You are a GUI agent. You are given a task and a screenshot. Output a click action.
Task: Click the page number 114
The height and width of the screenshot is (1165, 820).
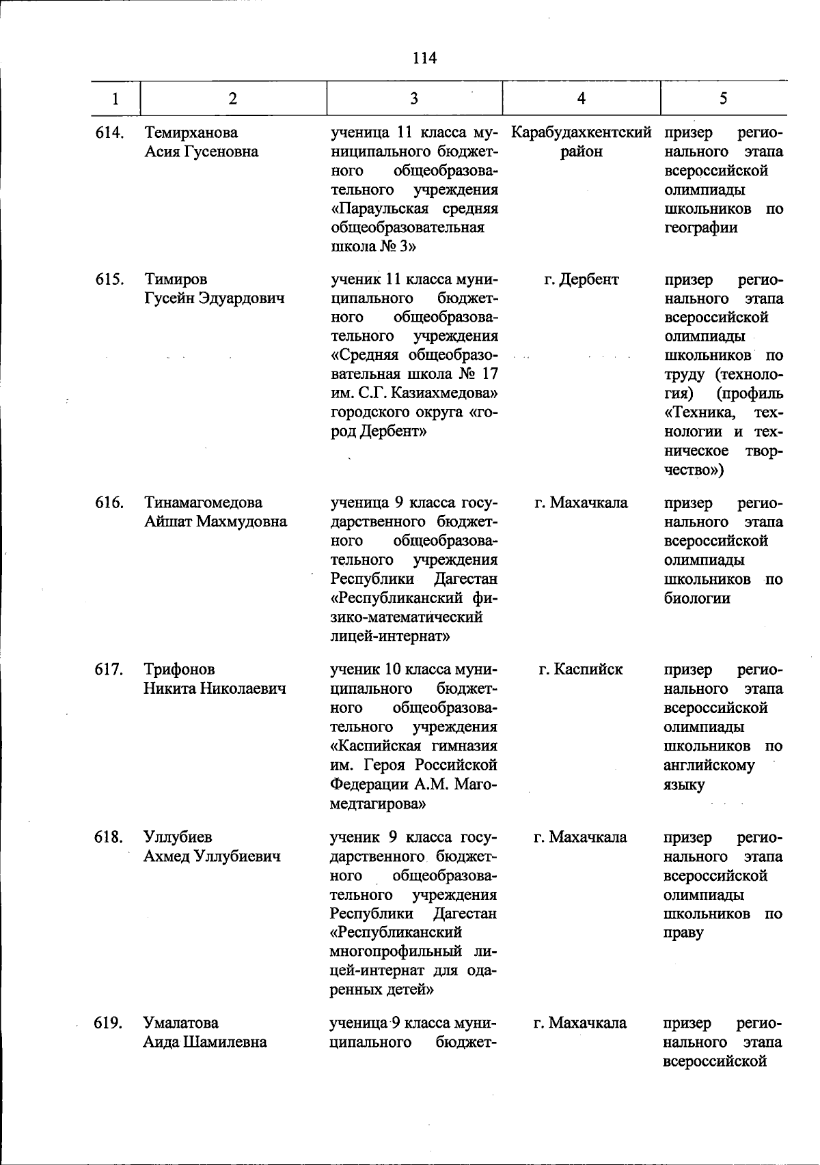click(x=424, y=58)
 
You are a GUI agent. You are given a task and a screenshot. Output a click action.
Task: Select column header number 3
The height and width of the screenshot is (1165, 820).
click(x=414, y=99)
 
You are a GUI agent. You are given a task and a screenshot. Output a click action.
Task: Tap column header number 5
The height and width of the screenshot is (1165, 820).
click(x=723, y=99)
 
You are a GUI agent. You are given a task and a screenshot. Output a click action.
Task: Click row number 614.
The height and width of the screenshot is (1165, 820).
click(x=109, y=132)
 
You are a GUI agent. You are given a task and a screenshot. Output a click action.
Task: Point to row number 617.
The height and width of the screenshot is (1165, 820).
click(x=109, y=670)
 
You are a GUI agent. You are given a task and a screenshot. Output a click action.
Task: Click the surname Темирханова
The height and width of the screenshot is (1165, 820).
click(x=191, y=132)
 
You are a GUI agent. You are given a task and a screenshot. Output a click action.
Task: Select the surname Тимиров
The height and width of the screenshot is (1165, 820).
click(x=176, y=279)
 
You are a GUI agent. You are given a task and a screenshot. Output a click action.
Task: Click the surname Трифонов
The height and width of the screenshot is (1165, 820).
click(x=179, y=670)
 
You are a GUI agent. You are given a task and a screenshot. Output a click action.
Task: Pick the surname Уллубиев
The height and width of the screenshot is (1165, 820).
click(x=178, y=837)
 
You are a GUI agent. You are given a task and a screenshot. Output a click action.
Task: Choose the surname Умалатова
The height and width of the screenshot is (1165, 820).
click(x=181, y=1023)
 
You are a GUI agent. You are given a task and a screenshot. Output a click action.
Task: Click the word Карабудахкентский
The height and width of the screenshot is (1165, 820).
click(x=581, y=132)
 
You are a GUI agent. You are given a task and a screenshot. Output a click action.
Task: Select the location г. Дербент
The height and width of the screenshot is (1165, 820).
click(x=581, y=279)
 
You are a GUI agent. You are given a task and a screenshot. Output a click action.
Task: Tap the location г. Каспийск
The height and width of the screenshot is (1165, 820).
click(x=581, y=670)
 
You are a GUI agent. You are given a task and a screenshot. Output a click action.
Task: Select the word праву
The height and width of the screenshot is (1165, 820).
click(x=683, y=933)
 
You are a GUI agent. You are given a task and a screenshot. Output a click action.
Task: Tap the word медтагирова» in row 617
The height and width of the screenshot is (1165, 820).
click(x=378, y=804)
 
